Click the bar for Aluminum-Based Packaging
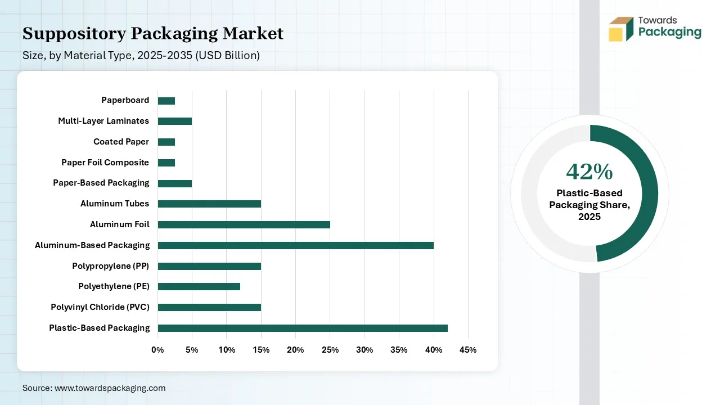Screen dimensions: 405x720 point(295,245)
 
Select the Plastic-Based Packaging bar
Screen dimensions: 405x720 point(303,328)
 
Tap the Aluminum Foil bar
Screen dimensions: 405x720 point(244,224)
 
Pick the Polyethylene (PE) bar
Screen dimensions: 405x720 point(199,286)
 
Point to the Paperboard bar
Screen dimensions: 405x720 point(166,101)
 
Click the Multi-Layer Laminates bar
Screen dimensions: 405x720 point(174,121)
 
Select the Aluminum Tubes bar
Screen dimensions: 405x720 point(209,204)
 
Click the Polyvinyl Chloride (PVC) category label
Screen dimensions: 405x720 point(100,307)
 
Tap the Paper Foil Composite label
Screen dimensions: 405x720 point(105,163)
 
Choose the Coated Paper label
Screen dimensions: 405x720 point(121,142)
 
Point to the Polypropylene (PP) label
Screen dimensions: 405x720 point(110,265)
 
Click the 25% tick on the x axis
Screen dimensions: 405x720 point(330,350)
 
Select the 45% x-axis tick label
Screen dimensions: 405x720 point(468,350)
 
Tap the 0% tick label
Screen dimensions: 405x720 point(157,350)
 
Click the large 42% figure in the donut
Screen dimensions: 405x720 point(589,172)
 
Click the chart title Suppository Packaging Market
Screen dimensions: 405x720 point(153,34)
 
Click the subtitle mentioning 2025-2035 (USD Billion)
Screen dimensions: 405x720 point(141,56)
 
